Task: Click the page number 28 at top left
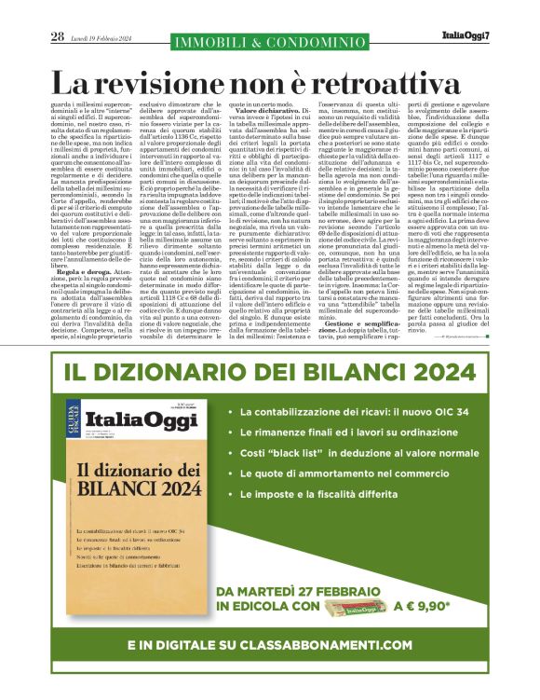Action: pos(57,36)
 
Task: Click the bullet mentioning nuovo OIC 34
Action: pos(358,409)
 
